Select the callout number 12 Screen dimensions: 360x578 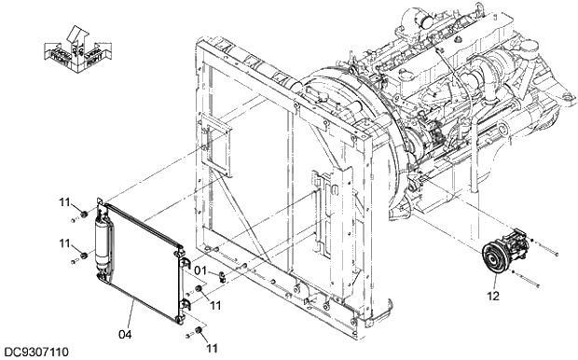(x=493, y=297)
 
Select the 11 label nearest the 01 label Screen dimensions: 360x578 (x=213, y=304)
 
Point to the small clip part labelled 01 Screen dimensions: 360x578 (x=221, y=276)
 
